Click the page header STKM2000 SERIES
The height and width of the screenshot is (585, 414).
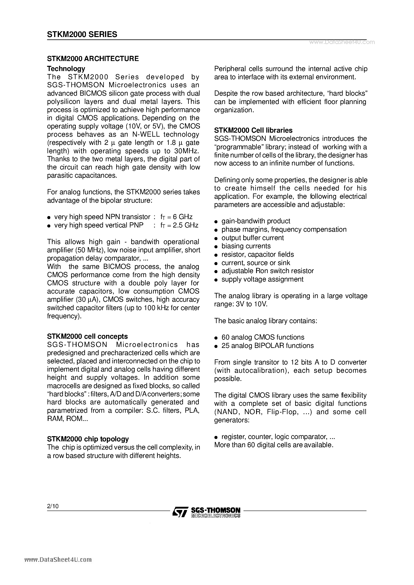coord(82,34)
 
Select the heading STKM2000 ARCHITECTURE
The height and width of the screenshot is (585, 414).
coord(93,59)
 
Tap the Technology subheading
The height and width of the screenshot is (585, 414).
coord(66,69)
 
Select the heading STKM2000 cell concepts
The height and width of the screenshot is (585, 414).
coord(87,336)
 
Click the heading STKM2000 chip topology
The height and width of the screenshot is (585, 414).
coord(88,439)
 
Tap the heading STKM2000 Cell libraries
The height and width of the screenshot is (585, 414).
coord(253,130)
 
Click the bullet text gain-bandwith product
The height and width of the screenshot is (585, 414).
coord(256,221)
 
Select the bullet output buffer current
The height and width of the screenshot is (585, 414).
coord(252,238)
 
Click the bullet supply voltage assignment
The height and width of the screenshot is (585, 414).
coord(262,279)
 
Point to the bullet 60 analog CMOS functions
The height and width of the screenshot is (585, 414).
coord(263,337)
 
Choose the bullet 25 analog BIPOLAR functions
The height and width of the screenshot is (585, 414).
coord(268,346)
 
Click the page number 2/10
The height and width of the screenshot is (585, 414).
coord(53,506)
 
